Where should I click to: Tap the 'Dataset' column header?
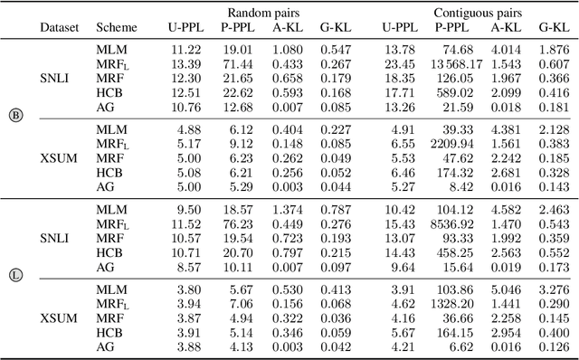(x=60, y=27)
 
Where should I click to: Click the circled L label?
(x=14, y=275)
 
